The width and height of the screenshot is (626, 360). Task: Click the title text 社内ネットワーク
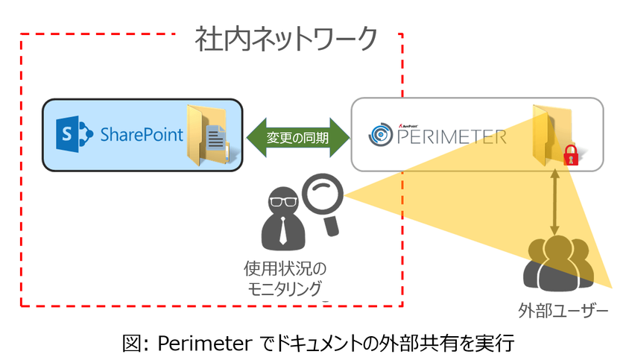[x=286, y=39]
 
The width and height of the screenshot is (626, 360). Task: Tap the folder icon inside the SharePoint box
[x=208, y=135]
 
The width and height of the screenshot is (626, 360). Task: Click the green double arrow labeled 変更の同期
[x=297, y=136]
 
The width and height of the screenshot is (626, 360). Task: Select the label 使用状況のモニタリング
[x=285, y=277]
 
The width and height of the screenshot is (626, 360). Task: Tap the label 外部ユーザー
[x=563, y=309]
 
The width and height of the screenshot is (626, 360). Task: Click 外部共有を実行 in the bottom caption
[x=454, y=342]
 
